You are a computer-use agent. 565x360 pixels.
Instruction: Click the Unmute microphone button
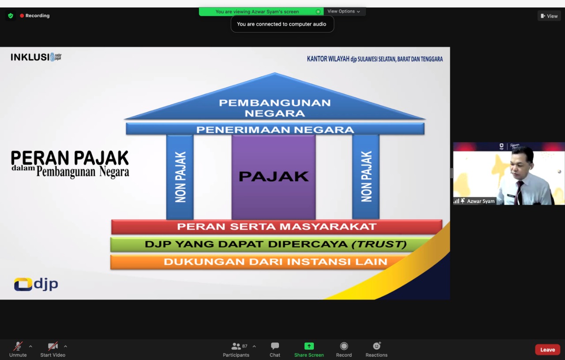[18, 346]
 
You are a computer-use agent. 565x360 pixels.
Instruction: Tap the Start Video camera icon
[53, 346]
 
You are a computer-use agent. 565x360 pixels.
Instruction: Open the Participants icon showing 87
[236, 346]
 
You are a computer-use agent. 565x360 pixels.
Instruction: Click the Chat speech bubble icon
[275, 346]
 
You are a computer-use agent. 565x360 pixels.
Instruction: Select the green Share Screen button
[309, 346]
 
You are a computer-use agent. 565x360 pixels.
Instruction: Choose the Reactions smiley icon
[377, 346]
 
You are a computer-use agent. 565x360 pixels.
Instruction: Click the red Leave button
[547, 350]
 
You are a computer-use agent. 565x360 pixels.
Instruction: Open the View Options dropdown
[343, 11]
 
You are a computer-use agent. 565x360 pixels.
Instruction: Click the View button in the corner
[549, 16]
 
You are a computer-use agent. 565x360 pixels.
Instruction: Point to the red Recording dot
[22, 15]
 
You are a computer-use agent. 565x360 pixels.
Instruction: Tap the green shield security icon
[11, 15]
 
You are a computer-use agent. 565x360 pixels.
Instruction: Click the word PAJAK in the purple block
[274, 176]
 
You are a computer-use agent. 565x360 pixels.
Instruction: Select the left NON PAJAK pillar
[180, 177]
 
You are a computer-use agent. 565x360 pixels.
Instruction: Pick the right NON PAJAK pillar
[366, 177]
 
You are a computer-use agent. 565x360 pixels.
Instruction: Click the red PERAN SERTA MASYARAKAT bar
[276, 227]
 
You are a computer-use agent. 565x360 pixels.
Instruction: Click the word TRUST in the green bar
[379, 244]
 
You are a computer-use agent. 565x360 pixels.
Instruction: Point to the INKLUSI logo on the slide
[36, 57]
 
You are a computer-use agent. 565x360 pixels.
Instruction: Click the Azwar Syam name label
[481, 201]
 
